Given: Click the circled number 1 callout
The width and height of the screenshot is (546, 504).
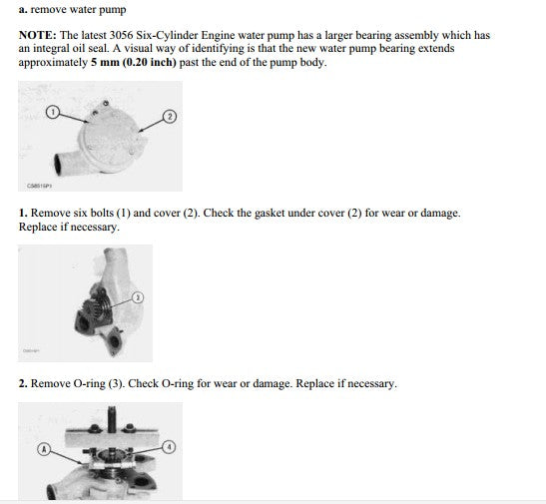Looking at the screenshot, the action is click(53, 112).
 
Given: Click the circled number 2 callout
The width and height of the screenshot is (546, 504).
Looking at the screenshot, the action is click(170, 116).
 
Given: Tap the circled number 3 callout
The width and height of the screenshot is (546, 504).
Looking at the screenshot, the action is click(138, 297).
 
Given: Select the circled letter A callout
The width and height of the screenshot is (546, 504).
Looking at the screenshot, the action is click(44, 449).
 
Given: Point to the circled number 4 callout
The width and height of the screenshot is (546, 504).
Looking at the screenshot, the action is click(169, 447).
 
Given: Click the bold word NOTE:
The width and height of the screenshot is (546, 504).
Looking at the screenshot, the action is click(38, 35).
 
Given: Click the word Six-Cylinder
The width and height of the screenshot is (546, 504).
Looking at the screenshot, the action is click(167, 35).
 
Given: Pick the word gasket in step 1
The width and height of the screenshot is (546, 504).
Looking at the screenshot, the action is click(268, 213).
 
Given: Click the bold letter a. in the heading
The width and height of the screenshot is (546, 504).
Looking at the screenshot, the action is click(23, 9).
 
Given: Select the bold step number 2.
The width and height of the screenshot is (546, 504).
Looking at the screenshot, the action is click(23, 383).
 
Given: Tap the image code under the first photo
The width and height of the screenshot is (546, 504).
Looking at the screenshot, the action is click(39, 186).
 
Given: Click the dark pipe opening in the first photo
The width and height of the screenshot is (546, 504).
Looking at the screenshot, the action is click(58, 164).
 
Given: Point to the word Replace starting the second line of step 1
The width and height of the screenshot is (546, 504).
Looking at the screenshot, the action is click(37, 227).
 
